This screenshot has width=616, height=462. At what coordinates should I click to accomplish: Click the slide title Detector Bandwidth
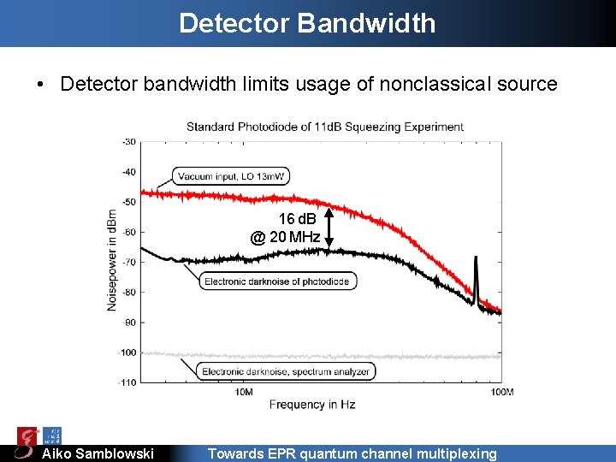point(307,23)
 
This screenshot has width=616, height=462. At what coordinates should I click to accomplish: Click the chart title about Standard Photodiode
point(325,127)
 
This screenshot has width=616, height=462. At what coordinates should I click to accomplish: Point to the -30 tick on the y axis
point(128,141)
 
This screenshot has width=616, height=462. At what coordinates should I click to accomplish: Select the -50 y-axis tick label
point(128,202)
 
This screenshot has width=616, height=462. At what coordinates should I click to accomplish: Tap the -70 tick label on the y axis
point(128,262)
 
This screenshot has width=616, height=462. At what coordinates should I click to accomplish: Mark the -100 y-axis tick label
point(127,352)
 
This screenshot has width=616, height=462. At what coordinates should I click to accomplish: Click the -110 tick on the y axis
point(127,382)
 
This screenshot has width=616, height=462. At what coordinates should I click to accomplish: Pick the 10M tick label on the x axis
point(243,392)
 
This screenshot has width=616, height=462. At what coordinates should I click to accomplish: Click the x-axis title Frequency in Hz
point(312,404)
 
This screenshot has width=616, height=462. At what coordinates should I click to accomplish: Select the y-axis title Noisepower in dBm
point(112,259)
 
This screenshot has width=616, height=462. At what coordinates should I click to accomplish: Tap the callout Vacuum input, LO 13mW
point(232,176)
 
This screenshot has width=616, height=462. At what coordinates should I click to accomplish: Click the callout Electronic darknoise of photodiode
point(277,281)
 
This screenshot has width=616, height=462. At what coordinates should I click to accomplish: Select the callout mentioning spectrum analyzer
point(286,371)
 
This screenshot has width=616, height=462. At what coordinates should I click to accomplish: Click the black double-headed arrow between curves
point(328,228)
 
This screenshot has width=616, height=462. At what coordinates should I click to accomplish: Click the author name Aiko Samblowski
point(98,453)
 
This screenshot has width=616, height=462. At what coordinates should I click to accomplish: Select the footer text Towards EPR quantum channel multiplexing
point(352,453)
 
